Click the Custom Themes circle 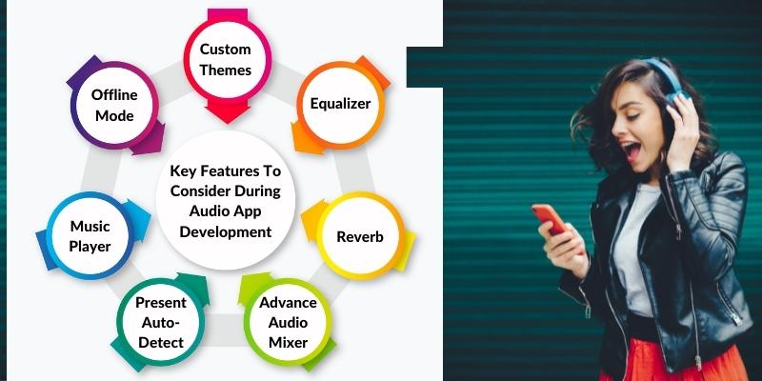point(226,59)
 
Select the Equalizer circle point(340,105)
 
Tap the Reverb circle point(360,237)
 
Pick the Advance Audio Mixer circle point(289,322)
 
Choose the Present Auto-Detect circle point(161,322)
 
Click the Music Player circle point(90,236)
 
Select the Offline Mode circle point(114,105)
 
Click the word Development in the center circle point(226,231)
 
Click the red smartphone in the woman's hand point(550,220)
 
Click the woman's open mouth point(632,151)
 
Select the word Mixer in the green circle point(289,342)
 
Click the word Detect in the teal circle point(161,342)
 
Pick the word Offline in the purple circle point(114,94)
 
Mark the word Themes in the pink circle point(226,70)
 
